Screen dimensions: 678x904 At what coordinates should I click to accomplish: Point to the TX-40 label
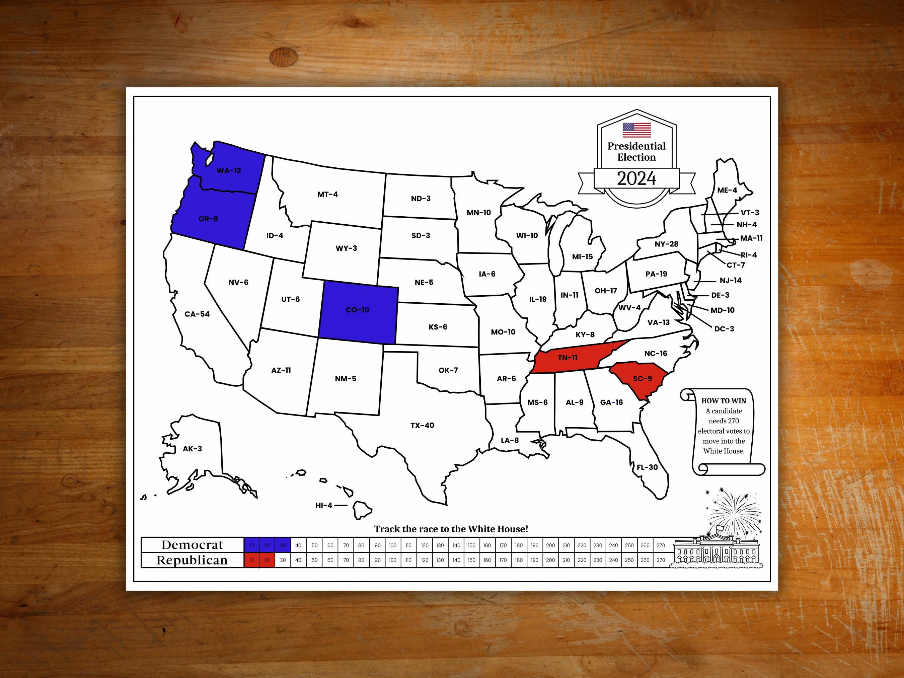click(422, 426)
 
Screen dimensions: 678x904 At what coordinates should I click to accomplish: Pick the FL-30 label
click(647, 467)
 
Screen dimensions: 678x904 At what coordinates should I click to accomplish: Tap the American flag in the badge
click(636, 130)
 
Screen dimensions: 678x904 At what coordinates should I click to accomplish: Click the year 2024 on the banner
click(636, 178)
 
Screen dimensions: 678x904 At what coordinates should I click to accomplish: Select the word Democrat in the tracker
click(192, 545)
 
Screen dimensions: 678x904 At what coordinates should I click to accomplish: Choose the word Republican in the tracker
click(192, 560)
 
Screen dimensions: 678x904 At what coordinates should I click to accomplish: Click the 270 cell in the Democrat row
click(661, 545)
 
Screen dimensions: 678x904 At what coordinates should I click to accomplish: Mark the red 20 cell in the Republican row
click(267, 560)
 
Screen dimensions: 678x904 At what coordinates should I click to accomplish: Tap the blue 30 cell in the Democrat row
click(282, 545)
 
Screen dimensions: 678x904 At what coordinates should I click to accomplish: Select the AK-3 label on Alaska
click(192, 449)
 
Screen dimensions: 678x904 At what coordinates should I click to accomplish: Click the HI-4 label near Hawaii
click(324, 506)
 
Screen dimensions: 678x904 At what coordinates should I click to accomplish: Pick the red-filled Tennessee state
click(568, 358)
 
